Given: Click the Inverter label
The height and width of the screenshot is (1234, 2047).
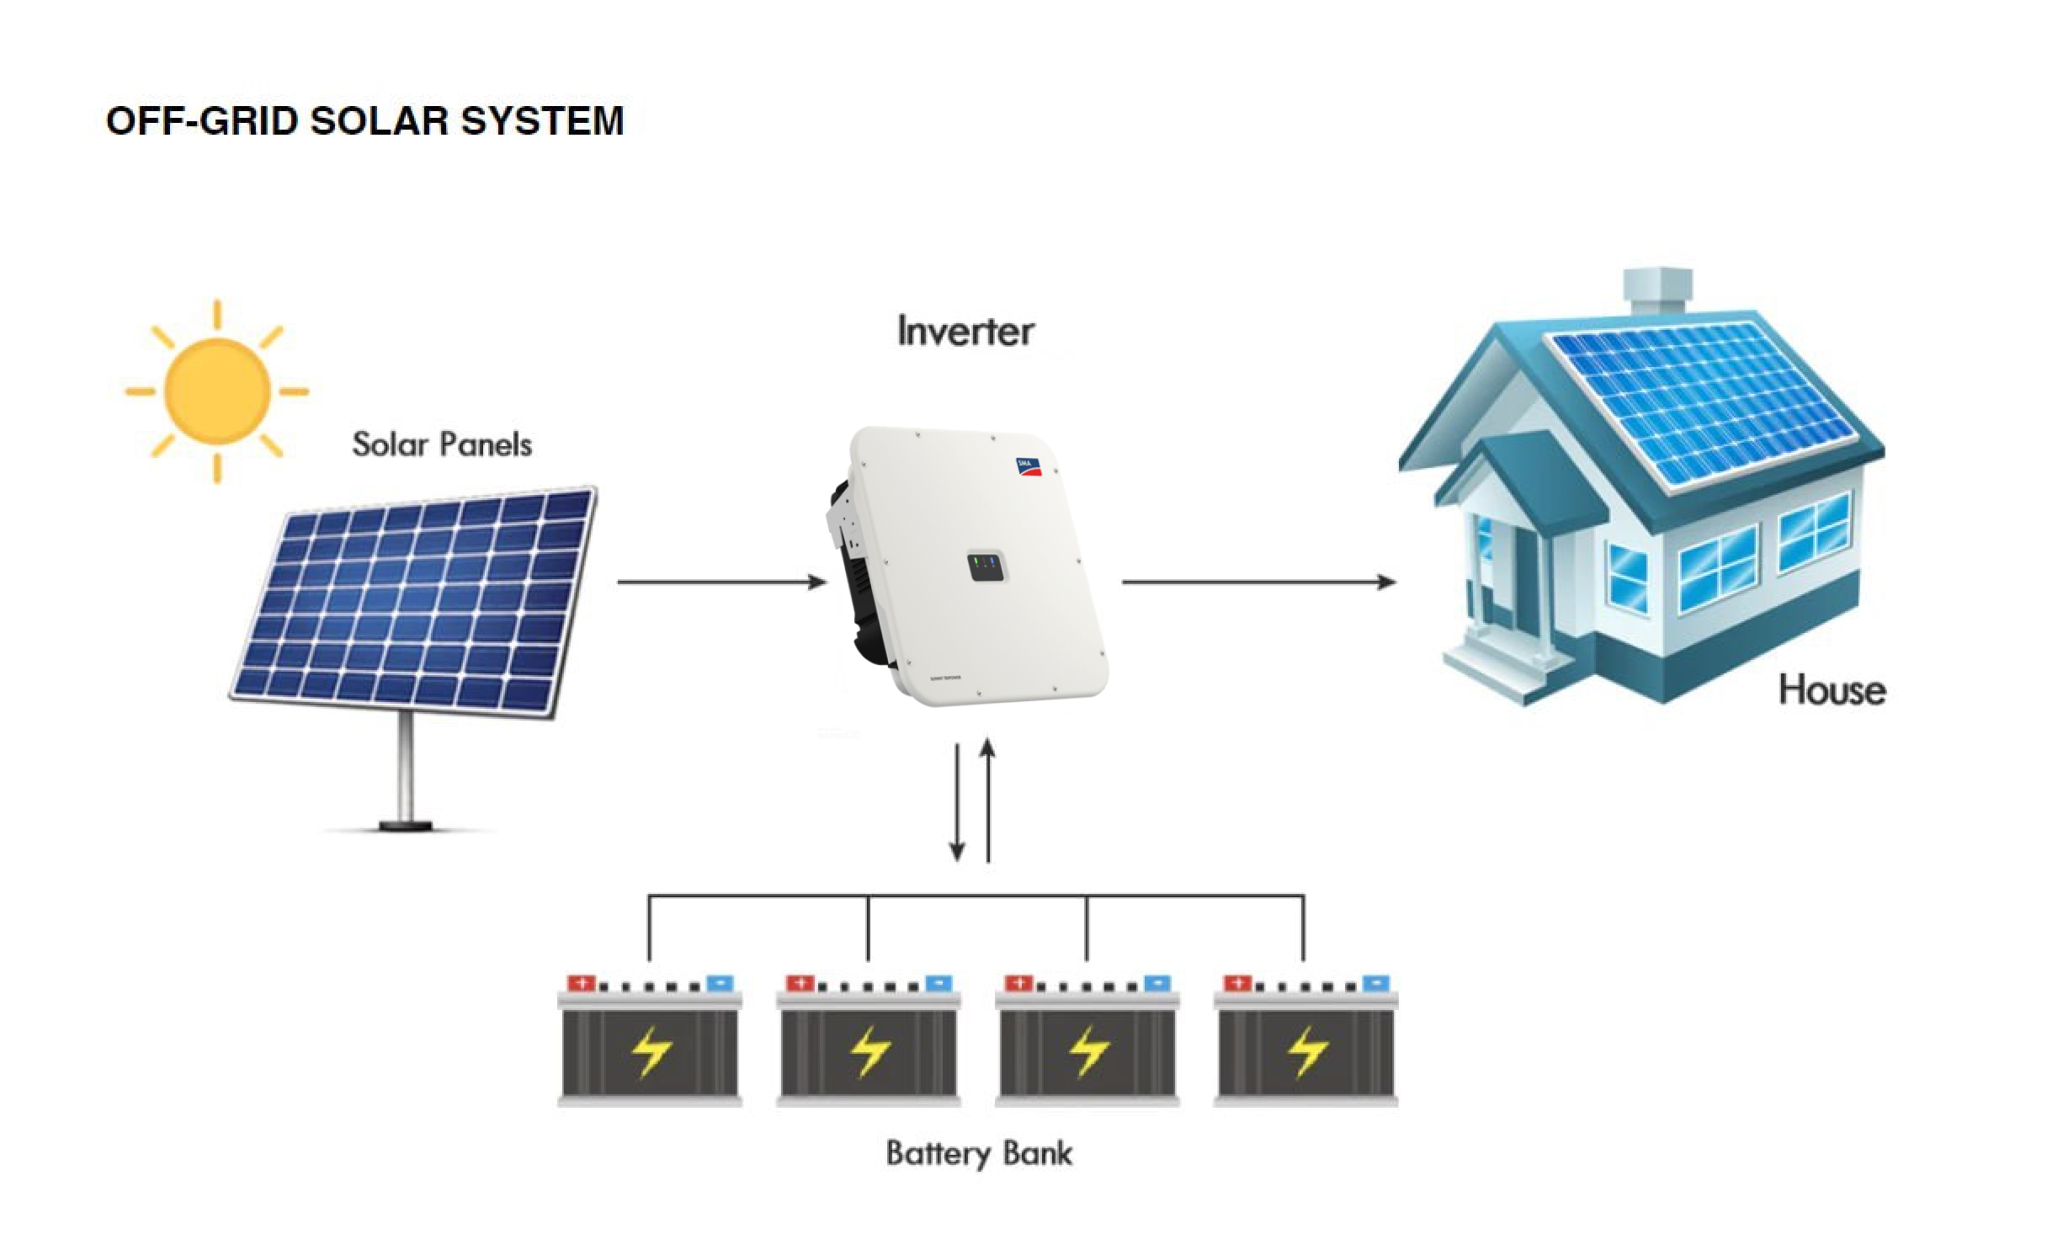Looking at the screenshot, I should pos(965,331).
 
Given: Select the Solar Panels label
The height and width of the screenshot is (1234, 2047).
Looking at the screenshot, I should pos(442,444).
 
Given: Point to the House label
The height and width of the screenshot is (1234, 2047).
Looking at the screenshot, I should pos(1832,690).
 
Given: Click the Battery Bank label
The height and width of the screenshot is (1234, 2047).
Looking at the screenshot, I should pos(979,1152).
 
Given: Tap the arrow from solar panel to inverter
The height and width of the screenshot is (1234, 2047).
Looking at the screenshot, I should pos(721,582).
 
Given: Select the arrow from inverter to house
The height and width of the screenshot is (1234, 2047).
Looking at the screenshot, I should pos(1258,582).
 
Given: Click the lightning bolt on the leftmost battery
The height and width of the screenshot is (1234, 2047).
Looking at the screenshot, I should pos(651,1051).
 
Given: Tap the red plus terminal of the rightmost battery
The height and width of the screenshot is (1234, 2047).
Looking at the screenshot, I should pos(1236,983).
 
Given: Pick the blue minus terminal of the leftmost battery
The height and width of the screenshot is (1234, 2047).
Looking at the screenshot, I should pos(720,983).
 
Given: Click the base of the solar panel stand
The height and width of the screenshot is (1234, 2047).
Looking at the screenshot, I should pos(407,827).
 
